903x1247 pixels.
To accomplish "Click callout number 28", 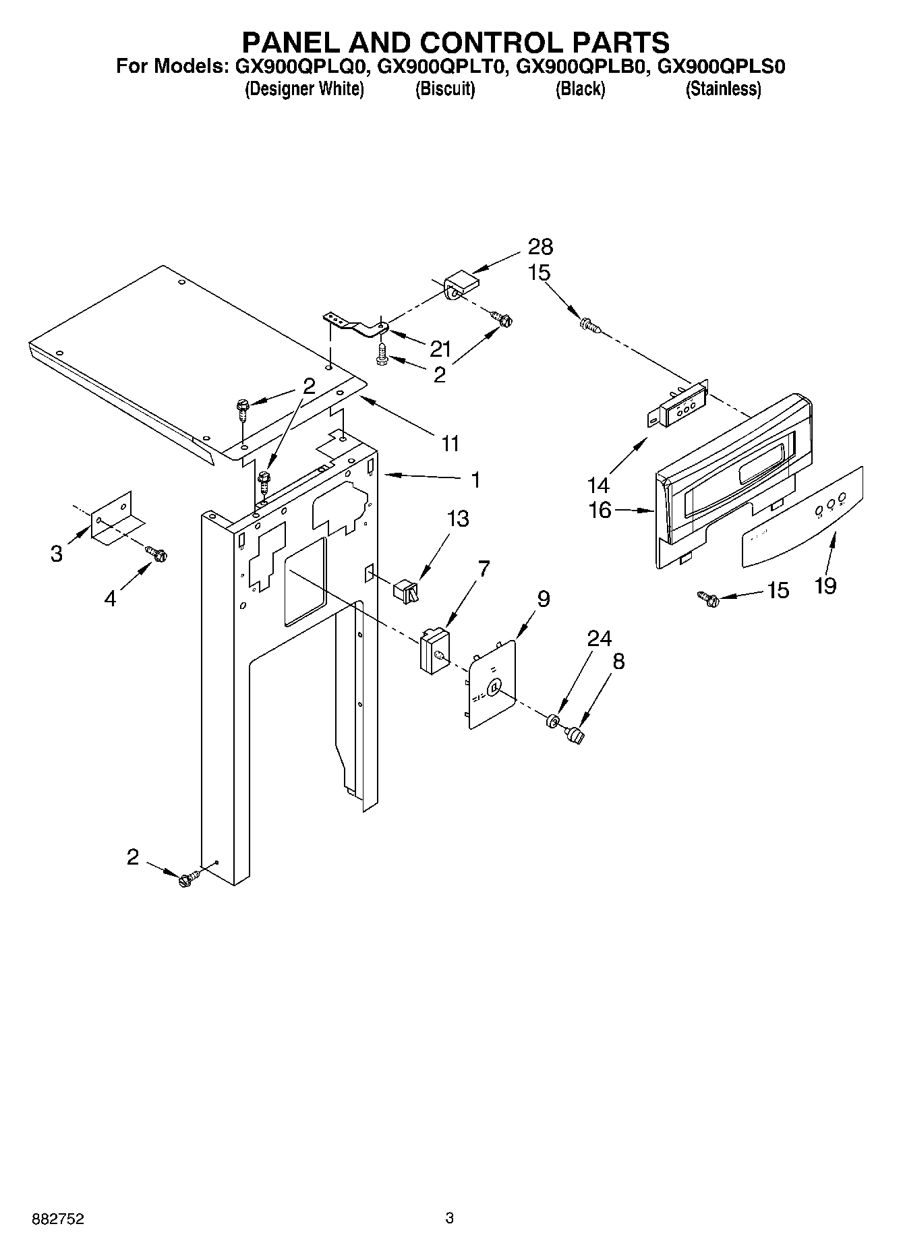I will (x=541, y=248).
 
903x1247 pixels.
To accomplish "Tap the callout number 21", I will (x=440, y=349).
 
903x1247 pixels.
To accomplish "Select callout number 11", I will (x=450, y=443).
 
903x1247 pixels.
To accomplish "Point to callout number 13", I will (x=458, y=519).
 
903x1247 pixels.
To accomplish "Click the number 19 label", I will (x=825, y=585).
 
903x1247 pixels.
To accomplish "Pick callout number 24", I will (x=599, y=637).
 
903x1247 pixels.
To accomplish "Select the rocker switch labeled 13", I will (x=406, y=591).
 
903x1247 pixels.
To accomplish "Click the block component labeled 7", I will (x=434, y=650).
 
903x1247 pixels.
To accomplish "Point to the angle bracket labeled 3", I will (x=118, y=517).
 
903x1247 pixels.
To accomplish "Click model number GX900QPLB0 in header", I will (x=582, y=67).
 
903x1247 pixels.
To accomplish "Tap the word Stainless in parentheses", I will (x=723, y=89).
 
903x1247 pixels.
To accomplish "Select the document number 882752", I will (x=57, y=1219).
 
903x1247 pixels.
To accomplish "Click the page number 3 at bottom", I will (x=450, y=1218).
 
